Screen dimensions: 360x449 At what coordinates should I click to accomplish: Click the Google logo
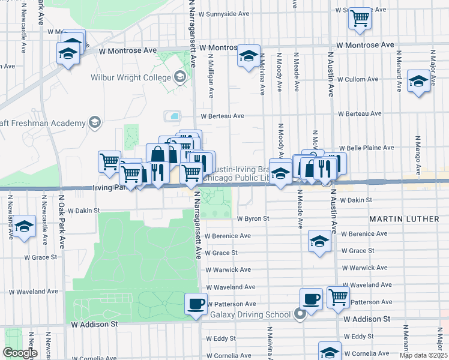coord(20,352)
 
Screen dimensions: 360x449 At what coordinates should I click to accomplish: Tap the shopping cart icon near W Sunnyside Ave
coord(360,18)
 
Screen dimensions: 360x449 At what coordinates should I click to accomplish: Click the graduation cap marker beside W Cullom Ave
coord(418,82)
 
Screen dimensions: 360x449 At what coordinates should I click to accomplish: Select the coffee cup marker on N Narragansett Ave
coord(196,303)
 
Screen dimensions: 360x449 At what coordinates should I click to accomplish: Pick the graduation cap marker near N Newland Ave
coord(24,226)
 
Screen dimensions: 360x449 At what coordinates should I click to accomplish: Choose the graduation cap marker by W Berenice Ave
coord(319,241)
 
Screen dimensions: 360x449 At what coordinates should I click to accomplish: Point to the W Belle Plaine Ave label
coord(366,148)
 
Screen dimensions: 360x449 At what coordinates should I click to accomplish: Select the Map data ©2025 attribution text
coord(423,355)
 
